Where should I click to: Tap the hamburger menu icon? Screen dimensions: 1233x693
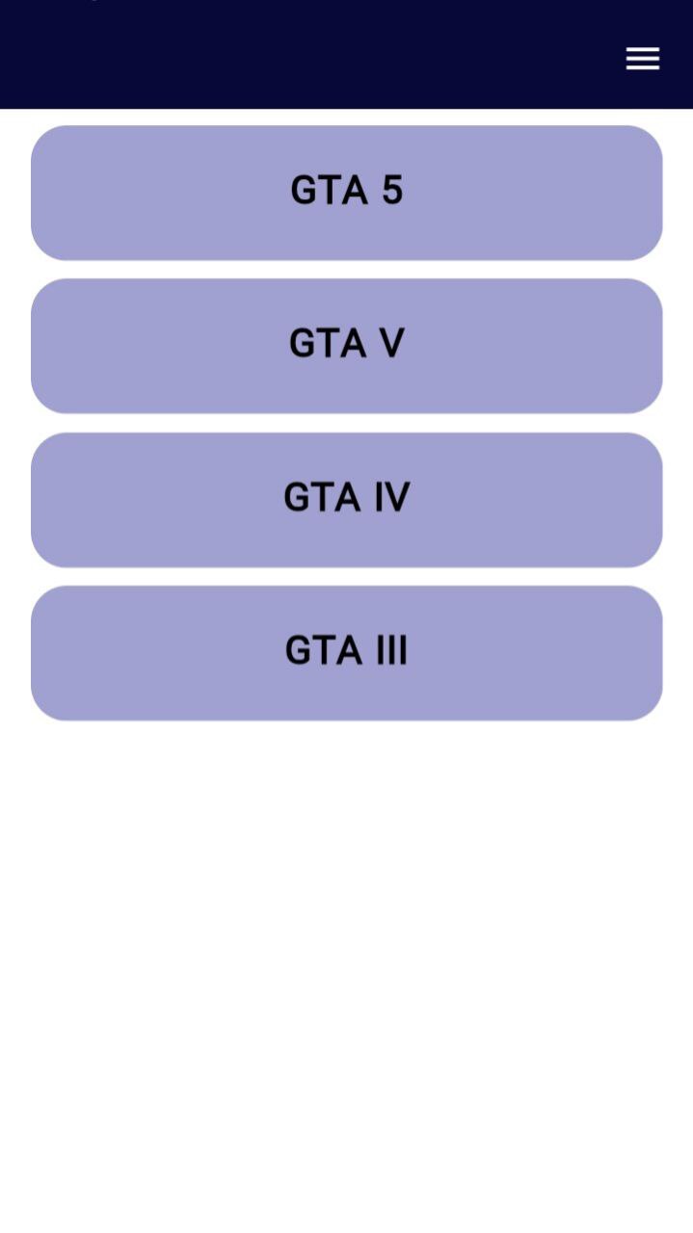tap(643, 59)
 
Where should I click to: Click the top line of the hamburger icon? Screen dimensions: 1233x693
tap(643, 49)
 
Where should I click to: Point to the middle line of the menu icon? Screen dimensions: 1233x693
tap(643, 59)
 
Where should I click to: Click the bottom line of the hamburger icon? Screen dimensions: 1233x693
tap(643, 68)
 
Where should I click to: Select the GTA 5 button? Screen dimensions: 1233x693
tap(346, 193)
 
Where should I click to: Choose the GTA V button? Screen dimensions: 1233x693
tap(346, 346)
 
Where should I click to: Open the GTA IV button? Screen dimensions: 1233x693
tap(346, 499)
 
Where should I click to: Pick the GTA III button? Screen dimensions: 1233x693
tap(346, 653)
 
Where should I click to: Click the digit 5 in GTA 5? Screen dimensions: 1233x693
tap(391, 190)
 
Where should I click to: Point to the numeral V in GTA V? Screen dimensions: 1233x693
tap(390, 343)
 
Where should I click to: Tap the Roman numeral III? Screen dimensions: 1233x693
tap(390, 650)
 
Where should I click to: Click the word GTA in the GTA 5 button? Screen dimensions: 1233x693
tap(329, 190)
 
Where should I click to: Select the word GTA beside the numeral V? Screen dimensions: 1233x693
tap(328, 343)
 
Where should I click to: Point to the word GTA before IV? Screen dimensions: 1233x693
tap(322, 497)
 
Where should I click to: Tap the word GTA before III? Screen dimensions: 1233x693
tap(323, 650)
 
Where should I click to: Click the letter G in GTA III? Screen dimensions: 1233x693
tap(299, 650)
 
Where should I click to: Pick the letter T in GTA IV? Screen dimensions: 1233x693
tap(323, 497)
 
